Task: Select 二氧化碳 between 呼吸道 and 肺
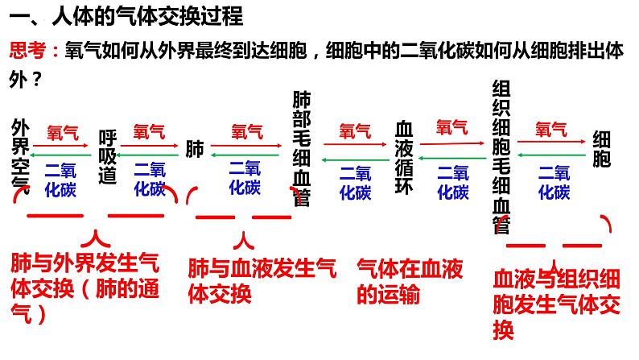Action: (x=149, y=179)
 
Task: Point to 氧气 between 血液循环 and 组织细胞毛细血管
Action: (x=451, y=127)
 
